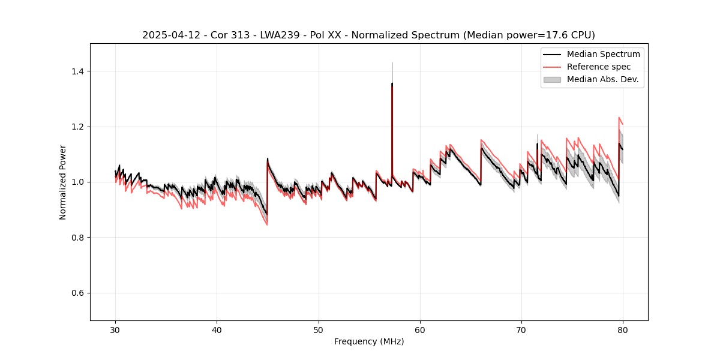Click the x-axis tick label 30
pos(115,330)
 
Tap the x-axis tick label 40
pos(217,330)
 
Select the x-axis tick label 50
pos(319,330)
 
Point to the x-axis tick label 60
pos(420,330)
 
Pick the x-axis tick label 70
pos(521,330)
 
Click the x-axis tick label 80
pos(623,330)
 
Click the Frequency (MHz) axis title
pos(369,342)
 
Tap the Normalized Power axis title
pos(63,182)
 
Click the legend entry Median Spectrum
pos(603,54)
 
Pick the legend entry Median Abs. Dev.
pos(602,79)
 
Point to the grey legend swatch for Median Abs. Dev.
pos(552,79)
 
